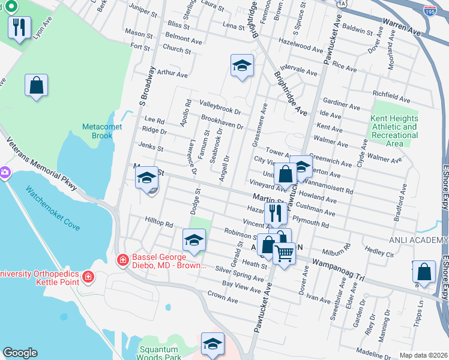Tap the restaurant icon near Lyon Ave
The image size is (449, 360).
click(19, 28)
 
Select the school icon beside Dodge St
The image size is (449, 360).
click(194, 241)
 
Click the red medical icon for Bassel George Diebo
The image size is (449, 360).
click(122, 259)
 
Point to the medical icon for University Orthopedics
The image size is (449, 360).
click(88, 277)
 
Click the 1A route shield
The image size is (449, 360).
click(342, 3)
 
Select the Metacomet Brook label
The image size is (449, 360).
click(98, 131)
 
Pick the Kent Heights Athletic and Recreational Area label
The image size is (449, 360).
click(394, 131)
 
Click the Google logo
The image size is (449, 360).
click(20, 353)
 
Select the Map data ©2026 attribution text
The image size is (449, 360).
click(423, 355)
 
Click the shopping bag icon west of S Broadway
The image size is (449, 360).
click(36, 85)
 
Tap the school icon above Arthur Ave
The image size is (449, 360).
click(242, 65)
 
